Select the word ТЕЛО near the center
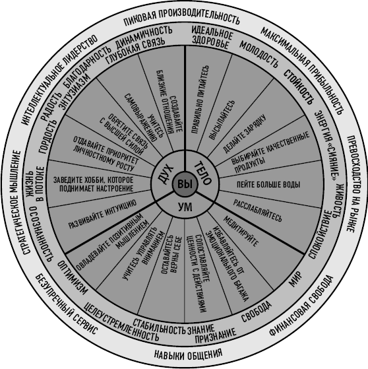[x=203, y=173]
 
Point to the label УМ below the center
[x=185, y=207]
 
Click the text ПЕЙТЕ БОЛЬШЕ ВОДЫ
[x=268, y=185]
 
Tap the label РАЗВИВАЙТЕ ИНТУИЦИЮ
[x=102, y=214]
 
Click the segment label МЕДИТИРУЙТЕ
[x=241, y=231]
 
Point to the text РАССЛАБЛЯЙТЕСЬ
[x=257, y=211]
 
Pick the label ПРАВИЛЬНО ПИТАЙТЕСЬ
[x=200, y=100]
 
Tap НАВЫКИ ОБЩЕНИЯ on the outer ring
[x=188, y=354]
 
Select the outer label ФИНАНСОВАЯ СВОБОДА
[x=301, y=306]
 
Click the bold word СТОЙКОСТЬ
[x=299, y=87]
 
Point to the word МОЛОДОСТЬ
[x=259, y=54]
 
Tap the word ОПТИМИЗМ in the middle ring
[x=73, y=277]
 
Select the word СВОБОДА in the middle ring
[x=257, y=312]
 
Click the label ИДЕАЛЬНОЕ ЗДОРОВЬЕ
[x=212, y=38]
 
